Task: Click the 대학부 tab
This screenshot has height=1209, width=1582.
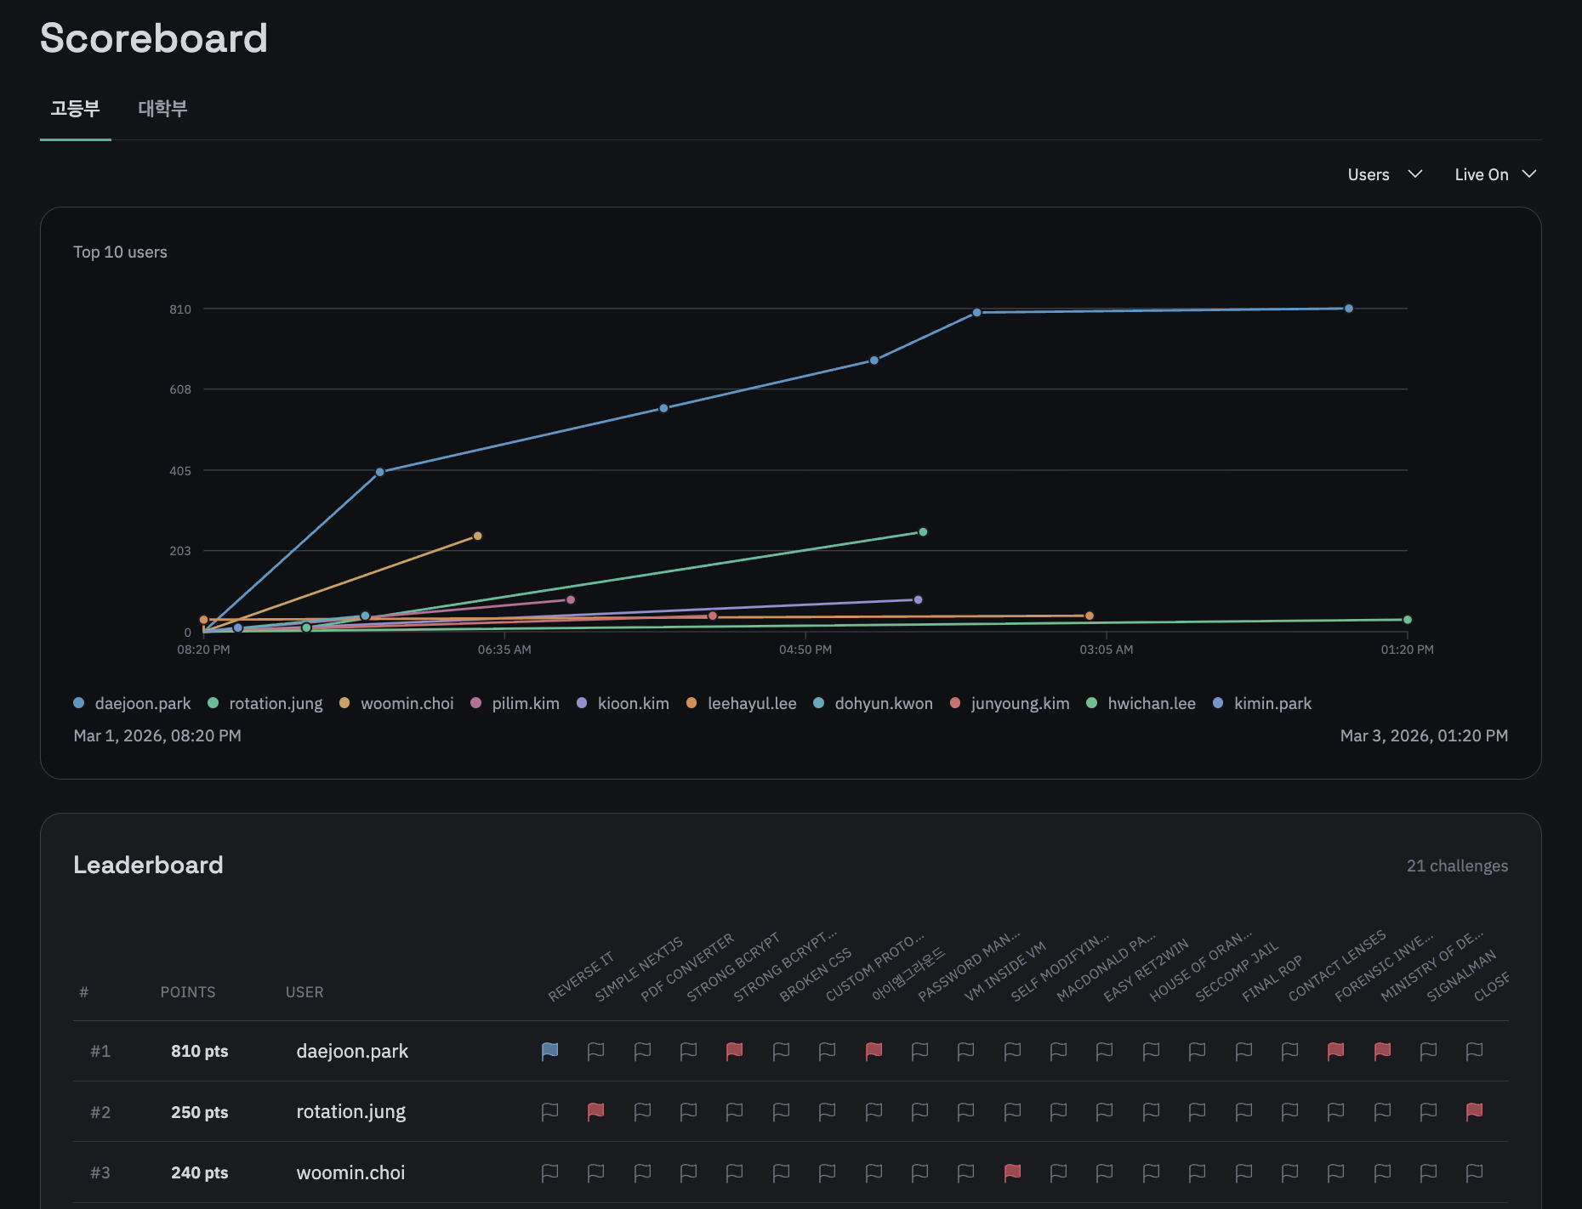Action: pos(162,109)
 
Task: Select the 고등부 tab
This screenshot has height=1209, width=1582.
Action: pos(75,109)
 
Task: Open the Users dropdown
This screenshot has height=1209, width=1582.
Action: pos(1384,174)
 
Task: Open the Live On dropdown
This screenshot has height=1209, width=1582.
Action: pos(1494,174)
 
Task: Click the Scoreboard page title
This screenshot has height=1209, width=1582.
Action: pos(154,38)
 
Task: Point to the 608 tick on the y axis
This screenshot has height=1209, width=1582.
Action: pos(180,389)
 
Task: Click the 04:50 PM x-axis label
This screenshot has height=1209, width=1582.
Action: pos(805,650)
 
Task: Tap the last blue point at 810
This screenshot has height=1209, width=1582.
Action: pos(1348,309)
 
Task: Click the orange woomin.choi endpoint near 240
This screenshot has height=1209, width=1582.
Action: pos(477,536)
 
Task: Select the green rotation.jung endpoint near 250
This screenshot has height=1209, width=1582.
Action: pos(923,532)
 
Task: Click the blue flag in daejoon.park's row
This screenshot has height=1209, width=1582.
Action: pos(549,1051)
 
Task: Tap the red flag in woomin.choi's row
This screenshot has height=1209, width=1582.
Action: pos(1012,1172)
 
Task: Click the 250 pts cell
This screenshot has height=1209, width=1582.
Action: pos(199,1112)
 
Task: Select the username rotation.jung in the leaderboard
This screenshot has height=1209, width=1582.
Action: pos(350,1112)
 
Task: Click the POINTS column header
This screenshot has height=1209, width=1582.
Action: pos(187,992)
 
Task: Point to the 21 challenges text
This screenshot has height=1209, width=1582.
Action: pos(1456,866)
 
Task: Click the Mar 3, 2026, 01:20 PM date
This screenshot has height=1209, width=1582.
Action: pos(1423,735)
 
